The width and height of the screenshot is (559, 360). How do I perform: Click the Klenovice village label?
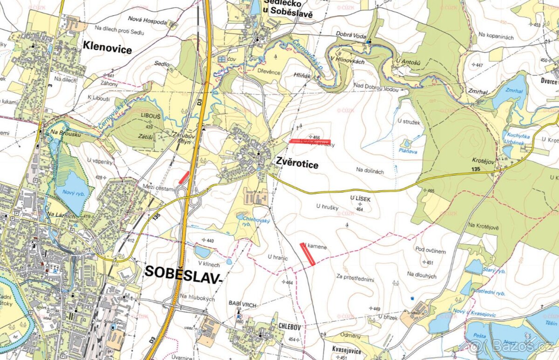[107, 47]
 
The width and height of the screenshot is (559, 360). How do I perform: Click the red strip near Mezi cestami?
[184, 177]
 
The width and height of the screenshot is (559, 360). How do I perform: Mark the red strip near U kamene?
[308, 254]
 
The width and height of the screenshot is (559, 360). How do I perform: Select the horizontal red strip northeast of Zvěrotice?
[310, 141]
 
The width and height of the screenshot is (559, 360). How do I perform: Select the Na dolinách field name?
[370, 171]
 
